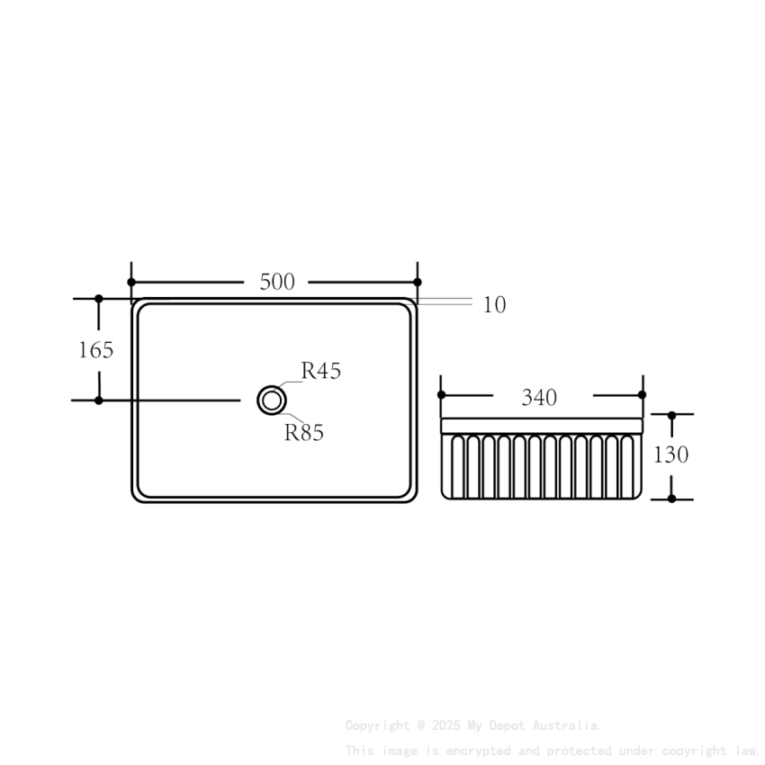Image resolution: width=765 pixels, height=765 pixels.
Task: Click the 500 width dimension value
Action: click(x=277, y=282)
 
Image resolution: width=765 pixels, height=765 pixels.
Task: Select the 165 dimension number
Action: click(x=96, y=349)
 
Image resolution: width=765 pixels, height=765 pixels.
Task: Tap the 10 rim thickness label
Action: click(x=494, y=305)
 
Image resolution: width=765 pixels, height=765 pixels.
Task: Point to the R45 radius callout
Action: click(x=321, y=371)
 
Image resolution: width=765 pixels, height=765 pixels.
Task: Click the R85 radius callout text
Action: click(x=304, y=433)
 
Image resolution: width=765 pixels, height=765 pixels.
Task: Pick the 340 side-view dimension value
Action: click(x=539, y=398)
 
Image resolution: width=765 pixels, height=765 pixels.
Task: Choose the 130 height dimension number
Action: click(x=671, y=454)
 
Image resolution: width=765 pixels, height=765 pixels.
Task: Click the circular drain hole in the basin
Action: click(x=271, y=400)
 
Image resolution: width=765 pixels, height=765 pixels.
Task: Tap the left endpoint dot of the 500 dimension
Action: click(x=131, y=282)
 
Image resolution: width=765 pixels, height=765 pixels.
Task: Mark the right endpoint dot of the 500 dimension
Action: click(x=418, y=282)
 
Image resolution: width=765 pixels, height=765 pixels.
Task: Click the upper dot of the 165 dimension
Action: click(x=99, y=298)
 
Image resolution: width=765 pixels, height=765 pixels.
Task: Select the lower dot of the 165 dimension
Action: click(x=99, y=400)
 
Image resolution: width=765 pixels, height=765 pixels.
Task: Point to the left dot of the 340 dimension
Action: click(x=441, y=394)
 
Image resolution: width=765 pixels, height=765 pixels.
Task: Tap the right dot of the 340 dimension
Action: click(x=642, y=394)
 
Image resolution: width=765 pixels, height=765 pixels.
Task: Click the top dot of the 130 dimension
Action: click(x=671, y=415)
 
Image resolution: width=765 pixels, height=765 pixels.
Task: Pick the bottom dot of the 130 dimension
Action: click(x=671, y=499)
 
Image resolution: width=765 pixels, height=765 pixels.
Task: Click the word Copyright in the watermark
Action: click(x=377, y=725)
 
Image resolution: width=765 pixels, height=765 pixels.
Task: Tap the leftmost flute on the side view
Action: click(x=454, y=465)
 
